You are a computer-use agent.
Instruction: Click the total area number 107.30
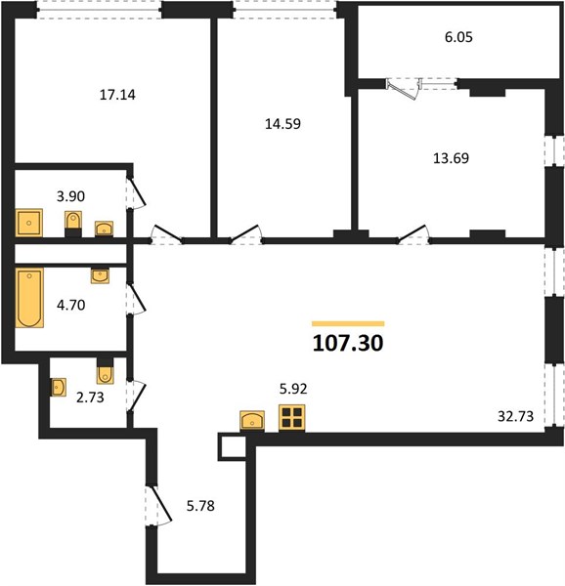coord(348,343)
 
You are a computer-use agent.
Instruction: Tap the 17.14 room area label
coord(117,95)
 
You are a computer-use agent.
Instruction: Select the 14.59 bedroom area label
coord(282,124)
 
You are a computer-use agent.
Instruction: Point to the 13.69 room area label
coord(451,158)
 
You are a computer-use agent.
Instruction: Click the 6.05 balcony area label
coord(458,37)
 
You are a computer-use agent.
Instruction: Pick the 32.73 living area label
coord(515,416)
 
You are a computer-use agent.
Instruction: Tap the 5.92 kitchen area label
coord(293,389)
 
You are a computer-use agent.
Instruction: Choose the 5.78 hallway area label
coord(200,506)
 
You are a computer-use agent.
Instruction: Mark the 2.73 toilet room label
coord(90,398)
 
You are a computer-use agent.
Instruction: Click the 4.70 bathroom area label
coord(71,306)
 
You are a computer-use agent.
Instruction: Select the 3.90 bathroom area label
coord(70,196)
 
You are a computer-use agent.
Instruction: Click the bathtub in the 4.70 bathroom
coord(29,298)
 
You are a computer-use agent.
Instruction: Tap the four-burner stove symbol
coord(291,418)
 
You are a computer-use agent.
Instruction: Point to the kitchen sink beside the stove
coord(252,421)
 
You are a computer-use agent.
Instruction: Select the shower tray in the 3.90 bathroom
coord(28,223)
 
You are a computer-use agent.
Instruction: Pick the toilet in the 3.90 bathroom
coord(73,224)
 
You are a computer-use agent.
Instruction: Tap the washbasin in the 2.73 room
coord(59,387)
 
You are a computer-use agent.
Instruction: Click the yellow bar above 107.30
coord(348,323)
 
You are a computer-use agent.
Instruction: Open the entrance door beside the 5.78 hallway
coord(159,505)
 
